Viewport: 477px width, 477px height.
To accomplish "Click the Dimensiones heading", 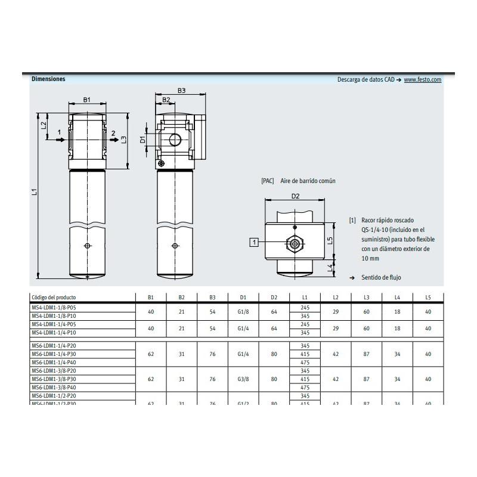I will [x=48, y=79].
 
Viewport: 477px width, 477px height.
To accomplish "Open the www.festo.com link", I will [x=422, y=79].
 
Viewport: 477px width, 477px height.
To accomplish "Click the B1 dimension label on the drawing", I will [x=87, y=100].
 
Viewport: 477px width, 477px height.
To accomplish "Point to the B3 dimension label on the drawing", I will [x=182, y=91].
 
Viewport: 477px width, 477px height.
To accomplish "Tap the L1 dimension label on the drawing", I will [x=35, y=192].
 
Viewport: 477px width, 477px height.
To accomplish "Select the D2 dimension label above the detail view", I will [x=295, y=196].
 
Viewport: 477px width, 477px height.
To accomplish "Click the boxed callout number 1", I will [x=255, y=241].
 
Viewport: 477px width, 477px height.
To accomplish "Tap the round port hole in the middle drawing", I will [x=175, y=140].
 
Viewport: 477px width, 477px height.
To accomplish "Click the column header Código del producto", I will [x=54, y=296].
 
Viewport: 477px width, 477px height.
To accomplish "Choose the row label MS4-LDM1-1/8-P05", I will [x=55, y=307].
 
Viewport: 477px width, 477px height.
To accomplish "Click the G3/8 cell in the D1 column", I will [x=243, y=379].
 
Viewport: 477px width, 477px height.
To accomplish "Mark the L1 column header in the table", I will [x=305, y=296].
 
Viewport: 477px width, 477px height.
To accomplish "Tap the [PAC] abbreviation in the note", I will [x=268, y=180].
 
